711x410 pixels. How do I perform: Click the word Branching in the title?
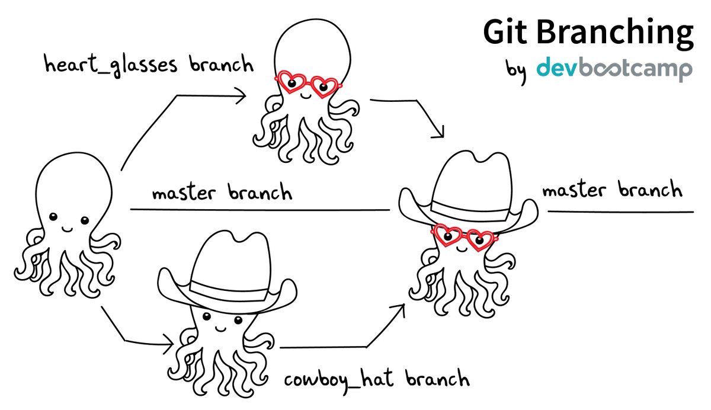[x=616, y=33]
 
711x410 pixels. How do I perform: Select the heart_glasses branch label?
[x=149, y=65]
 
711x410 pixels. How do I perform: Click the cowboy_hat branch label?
[x=377, y=379]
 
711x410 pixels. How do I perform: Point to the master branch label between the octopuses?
[x=222, y=193]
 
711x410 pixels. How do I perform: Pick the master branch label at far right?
[x=611, y=191]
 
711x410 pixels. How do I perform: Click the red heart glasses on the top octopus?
[x=308, y=85]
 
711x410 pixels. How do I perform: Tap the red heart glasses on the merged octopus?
[x=464, y=235]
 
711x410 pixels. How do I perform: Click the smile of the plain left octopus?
[x=67, y=227]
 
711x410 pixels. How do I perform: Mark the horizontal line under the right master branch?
[x=619, y=212]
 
